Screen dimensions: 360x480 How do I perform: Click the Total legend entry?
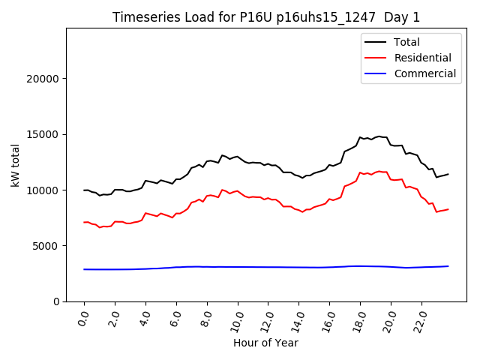pyautogui.click(x=407, y=42)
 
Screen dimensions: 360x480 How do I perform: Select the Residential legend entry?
pyautogui.click(x=422, y=58)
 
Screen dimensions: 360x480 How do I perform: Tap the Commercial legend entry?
pyautogui.click(x=424, y=73)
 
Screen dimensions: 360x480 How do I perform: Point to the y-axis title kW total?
pyautogui.click(x=16, y=165)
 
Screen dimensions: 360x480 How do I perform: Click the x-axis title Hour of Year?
pyautogui.click(x=265, y=343)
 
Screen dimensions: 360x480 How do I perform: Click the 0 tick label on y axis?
pyautogui.click(x=57, y=301)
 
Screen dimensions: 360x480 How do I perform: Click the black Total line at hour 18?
pyautogui.click(x=360, y=137)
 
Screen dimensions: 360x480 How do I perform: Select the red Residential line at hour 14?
pyautogui.click(x=298, y=210)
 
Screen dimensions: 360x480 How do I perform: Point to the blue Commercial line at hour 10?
pyautogui.click(x=238, y=267)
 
